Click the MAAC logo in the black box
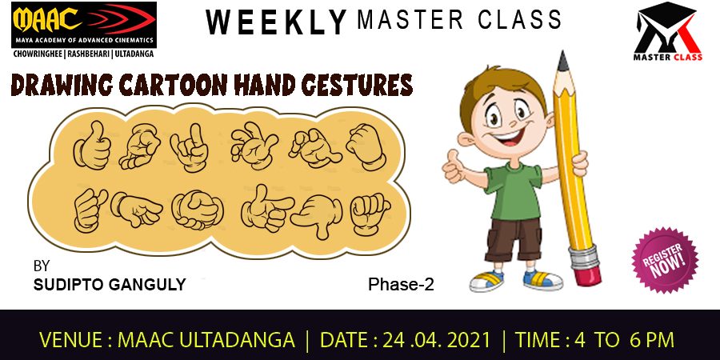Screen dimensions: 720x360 click(83, 26)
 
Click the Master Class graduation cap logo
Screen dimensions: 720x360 click(667, 31)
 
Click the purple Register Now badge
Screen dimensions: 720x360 click(665, 260)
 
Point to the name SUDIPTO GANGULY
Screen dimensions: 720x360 click(110, 285)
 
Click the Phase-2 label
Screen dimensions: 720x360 click(401, 285)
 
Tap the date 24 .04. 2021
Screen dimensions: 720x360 click(437, 340)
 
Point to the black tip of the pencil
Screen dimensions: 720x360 click(562, 61)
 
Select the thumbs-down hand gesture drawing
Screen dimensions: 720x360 click(316, 215)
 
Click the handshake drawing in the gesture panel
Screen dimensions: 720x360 click(198, 210)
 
